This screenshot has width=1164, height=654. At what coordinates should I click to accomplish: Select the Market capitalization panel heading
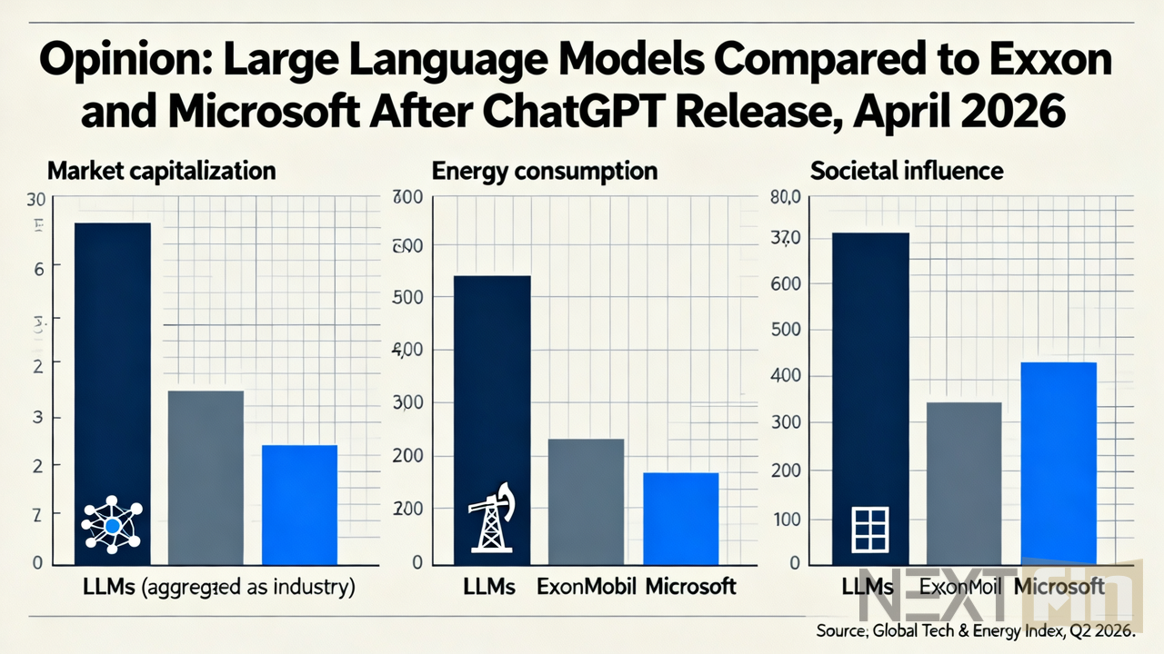point(161,170)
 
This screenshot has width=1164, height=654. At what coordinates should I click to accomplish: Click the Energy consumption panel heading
point(545,170)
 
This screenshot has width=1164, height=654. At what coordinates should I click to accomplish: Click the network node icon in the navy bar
point(112,525)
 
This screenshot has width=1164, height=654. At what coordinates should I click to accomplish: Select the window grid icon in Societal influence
point(868,530)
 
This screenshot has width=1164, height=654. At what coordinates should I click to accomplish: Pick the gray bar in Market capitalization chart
point(206,477)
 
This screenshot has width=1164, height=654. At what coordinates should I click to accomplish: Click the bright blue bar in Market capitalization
point(299,504)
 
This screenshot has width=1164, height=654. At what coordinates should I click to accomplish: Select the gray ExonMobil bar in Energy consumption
point(586,500)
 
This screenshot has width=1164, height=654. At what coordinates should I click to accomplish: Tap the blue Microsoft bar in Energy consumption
point(680,518)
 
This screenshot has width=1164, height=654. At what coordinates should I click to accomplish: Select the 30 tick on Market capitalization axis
point(37,200)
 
